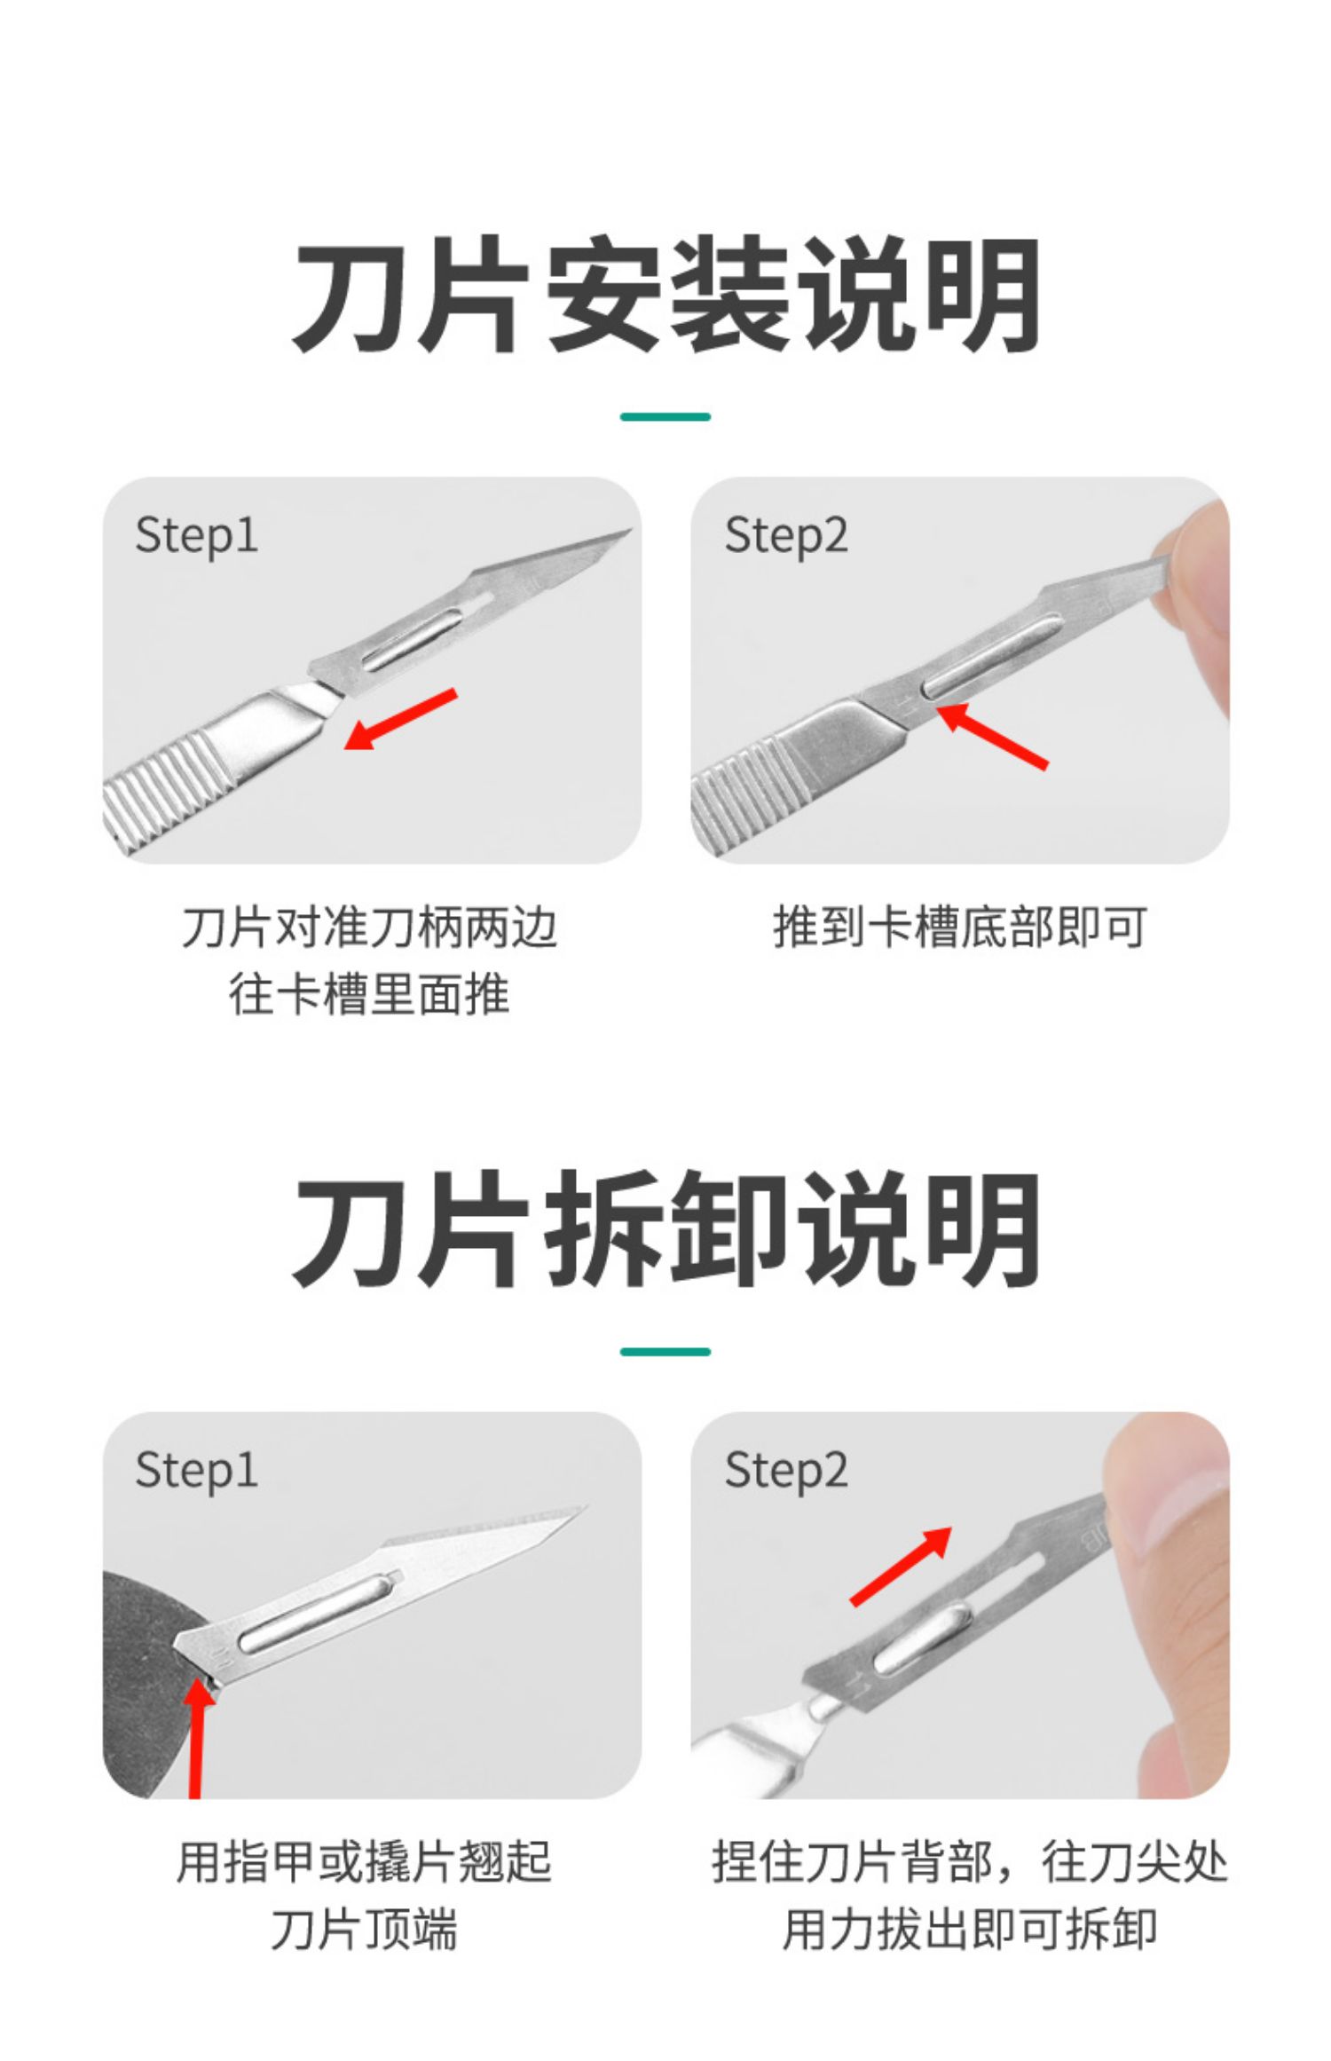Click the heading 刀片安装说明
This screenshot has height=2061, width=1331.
pyautogui.click(x=665, y=295)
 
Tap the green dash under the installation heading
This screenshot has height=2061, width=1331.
pyautogui.click(x=665, y=416)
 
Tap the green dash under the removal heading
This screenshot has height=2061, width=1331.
pyautogui.click(x=665, y=1352)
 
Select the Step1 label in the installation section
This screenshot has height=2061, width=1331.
pyautogui.click(x=196, y=536)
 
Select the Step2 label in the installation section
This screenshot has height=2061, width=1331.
pyautogui.click(x=786, y=536)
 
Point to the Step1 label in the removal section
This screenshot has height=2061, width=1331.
pyautogui.click(x=196, y=1471)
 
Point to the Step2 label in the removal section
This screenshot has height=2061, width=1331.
pyautogui.click(x=786, y=1471)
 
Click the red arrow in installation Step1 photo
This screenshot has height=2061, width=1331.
pyautogui.click(x=400, y=719)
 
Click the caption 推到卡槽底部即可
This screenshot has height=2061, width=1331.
pyautogui.click(x=960, y=928)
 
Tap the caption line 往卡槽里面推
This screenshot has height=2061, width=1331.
pyautogui.click(x=369, y=994)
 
